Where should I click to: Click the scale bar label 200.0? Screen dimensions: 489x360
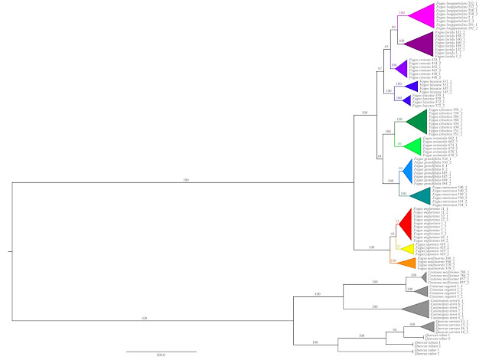click(161, 356)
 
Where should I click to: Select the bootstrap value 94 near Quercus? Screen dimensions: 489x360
click(395, 329)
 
